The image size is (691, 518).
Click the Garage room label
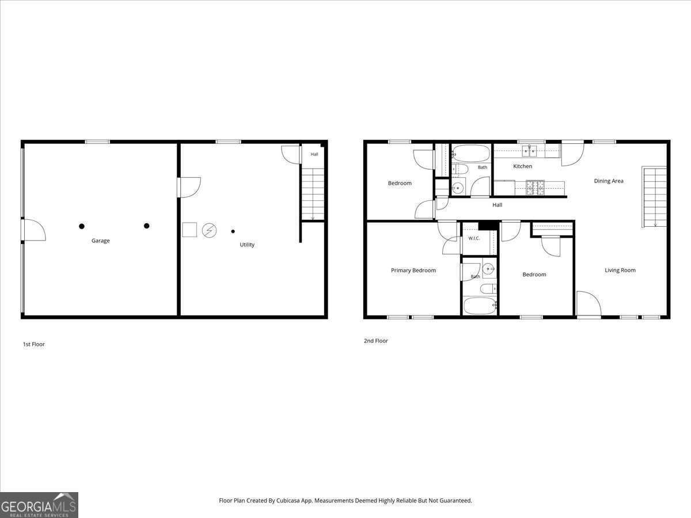[100, 241]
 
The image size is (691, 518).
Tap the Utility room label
[247, 245]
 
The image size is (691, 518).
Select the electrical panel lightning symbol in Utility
[210, 231]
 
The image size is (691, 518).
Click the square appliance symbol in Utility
[189, 230]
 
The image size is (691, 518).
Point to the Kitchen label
[523, 166]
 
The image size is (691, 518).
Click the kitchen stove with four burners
[535, 188]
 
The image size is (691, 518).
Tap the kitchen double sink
[529, 151]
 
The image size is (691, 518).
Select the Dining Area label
[609, 181]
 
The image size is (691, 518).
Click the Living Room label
[620, 270]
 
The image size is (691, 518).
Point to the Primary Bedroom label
[413, 270]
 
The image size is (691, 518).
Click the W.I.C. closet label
[474, 238]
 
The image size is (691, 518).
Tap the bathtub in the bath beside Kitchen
[470, 153]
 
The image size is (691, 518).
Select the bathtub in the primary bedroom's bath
[480, 306]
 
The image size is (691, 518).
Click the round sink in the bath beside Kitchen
[457, 188]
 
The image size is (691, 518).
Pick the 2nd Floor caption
[376, 341]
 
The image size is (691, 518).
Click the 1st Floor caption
[33, 344]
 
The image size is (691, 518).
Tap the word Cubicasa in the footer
[288, 500]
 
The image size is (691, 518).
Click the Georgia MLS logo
[39, 505]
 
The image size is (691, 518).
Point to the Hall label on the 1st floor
[314, 154]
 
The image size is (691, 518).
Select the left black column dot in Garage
[82, 226]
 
